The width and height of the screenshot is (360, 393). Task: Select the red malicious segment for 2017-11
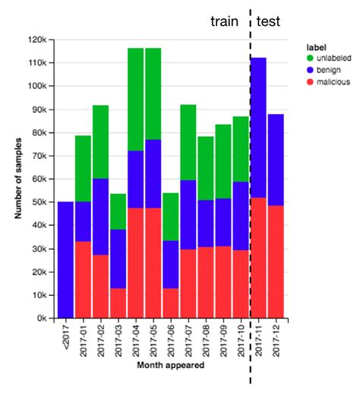click(x=259, y=258)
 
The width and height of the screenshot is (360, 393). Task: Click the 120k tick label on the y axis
click(x=39, y=40)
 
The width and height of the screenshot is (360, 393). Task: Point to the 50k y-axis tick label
click(x=41, y=202)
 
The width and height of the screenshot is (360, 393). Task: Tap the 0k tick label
click(x=43, y=319)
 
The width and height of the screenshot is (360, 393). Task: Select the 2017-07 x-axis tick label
click(x=189, y=339)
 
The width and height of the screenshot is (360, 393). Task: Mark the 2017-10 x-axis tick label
click(x=242, y=339)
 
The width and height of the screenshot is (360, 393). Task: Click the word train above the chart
click(x=225, y=22)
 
